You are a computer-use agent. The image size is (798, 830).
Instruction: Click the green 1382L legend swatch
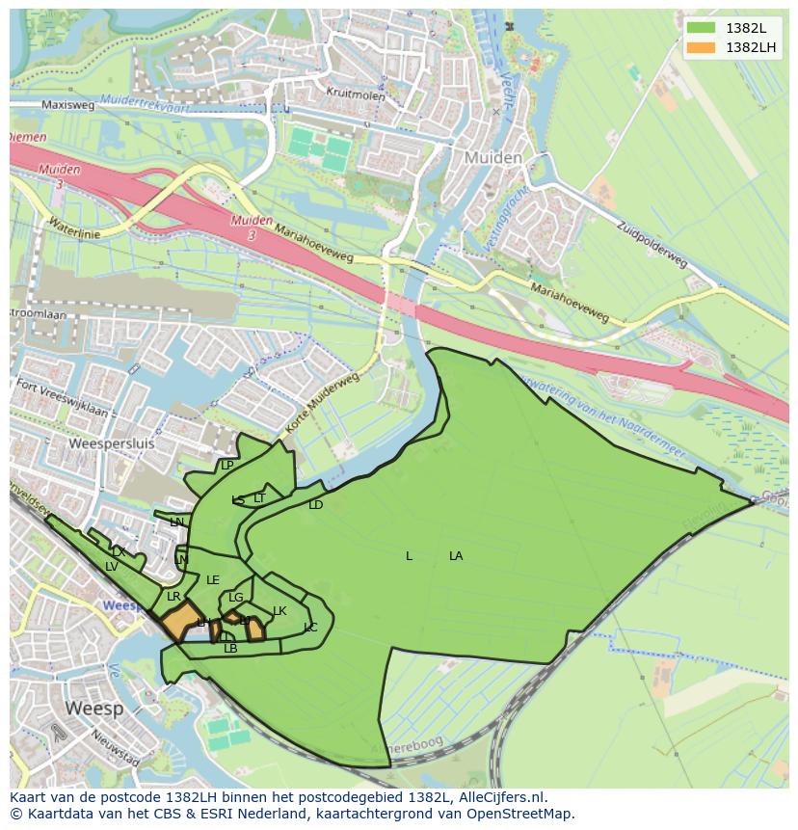[x=702, y=28]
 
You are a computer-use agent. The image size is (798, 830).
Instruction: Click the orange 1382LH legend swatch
[x=702, y=47]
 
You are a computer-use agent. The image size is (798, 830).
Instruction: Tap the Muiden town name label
[x=492, y=157]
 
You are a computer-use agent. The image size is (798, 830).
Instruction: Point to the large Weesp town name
[x=94, y=709]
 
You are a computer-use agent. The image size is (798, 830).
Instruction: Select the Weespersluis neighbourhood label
[x=112, y=444]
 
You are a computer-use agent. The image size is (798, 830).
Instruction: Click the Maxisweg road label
[x=67, y=105]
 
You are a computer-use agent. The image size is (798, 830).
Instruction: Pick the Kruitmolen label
[x=356, y=96]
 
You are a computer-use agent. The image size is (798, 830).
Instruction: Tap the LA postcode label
[x=456, y=556]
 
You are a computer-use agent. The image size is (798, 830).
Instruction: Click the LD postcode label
[x=315, y=505]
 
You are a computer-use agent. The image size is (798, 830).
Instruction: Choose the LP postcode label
[x=227, y=466]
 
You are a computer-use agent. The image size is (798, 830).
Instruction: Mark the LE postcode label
[x=213, y=580]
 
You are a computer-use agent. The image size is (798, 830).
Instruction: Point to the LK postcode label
[x=279, y=611]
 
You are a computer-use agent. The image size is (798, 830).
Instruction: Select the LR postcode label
[x=173, y=597]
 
